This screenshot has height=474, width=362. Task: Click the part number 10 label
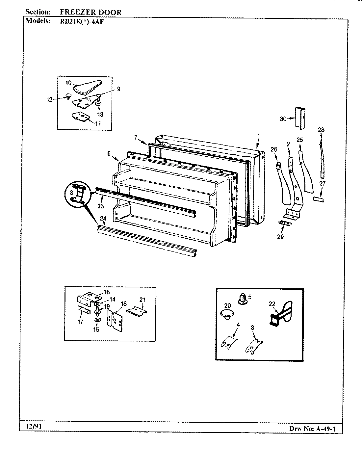[68, 83]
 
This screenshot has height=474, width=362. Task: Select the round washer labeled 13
[98, 104]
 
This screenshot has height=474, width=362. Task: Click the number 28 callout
[321, 130]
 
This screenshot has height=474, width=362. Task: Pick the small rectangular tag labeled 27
[318, 199]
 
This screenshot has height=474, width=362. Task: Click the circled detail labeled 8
[77, 197]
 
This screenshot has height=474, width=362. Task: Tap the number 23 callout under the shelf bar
[100, 206]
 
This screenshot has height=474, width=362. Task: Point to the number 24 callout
[103, 218]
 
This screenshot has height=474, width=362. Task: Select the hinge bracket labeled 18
[115, 321]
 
